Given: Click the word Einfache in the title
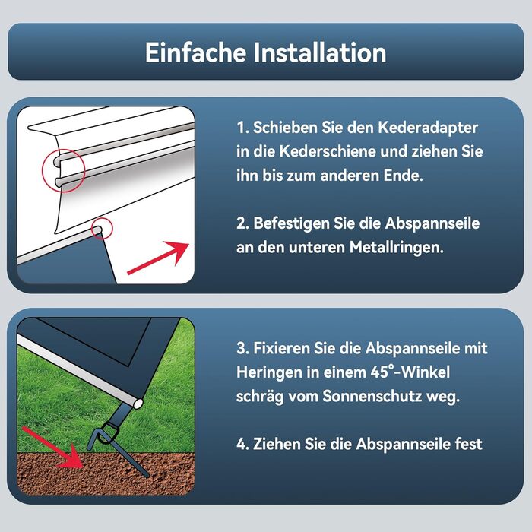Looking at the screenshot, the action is (196, 52).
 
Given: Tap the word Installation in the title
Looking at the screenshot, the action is (320, 52).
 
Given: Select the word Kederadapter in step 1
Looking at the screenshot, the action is (428, 128).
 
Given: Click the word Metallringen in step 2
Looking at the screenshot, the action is (397, 248).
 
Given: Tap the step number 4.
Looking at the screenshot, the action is (242, 444).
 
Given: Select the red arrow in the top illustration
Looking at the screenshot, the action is (158, 258).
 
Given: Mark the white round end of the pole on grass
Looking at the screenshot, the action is (138, 404).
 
